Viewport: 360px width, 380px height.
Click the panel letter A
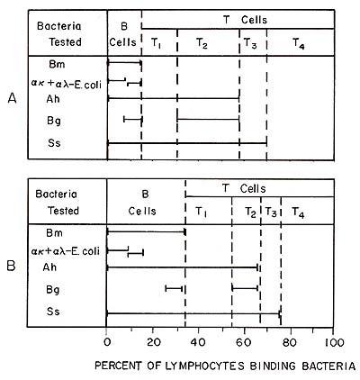pos(12,98)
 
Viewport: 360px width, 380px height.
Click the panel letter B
pos(11,266)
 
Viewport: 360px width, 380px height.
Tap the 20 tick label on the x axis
pos(153,342)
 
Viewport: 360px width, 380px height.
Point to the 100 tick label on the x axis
pos(335,342)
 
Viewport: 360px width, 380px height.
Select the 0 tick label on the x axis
pos(107,342)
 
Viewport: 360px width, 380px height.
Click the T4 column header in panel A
pos(299,44)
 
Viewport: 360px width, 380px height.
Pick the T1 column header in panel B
pos(201,213)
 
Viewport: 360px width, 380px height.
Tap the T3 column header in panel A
pos(250,43)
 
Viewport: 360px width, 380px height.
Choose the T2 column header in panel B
pos(250,213)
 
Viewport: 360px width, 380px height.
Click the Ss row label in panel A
pos(54,143)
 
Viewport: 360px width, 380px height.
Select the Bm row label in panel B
pos(54,232)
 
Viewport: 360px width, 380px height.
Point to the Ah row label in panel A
pos(53,99)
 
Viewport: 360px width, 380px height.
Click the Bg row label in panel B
pos(53,290)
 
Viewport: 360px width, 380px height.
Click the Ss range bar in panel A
pos(187,143)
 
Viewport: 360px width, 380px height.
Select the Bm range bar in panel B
pos(147,232)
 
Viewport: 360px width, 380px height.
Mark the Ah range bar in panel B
pos(182,267)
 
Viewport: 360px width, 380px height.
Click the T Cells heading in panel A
pos(245,20)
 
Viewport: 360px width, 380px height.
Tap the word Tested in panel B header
pos(64,211)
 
